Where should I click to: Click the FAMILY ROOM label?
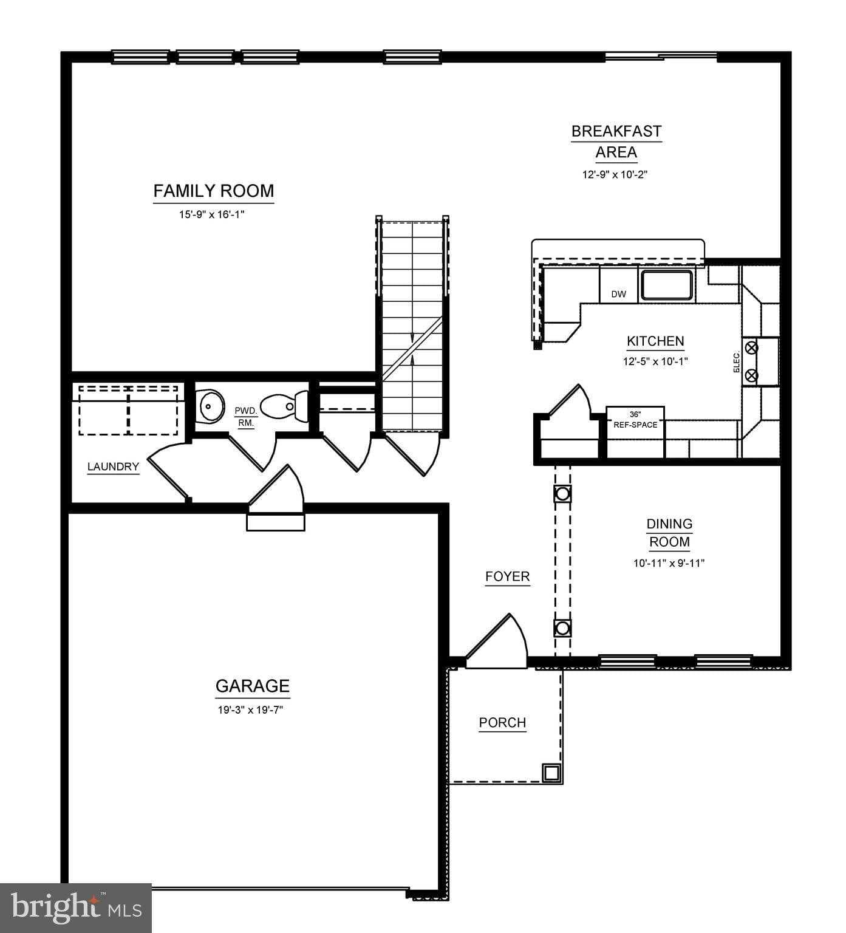[213, 191]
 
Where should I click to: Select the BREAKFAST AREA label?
[616, 141]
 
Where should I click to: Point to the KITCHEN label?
[655, 341]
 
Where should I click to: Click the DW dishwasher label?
[618, 295]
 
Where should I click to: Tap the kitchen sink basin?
[667, 285]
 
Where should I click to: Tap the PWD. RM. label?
[245, 417]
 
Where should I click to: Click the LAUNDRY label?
[113, 467]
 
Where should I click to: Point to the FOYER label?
[507, 576]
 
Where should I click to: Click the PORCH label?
[502, 723]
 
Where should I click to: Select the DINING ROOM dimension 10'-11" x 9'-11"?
[669, 563]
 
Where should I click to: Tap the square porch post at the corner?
[551, 773]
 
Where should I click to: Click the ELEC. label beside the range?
[737, 362]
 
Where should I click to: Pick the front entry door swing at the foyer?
[498, 644]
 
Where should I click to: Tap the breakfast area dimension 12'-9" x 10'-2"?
[616, 175]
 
